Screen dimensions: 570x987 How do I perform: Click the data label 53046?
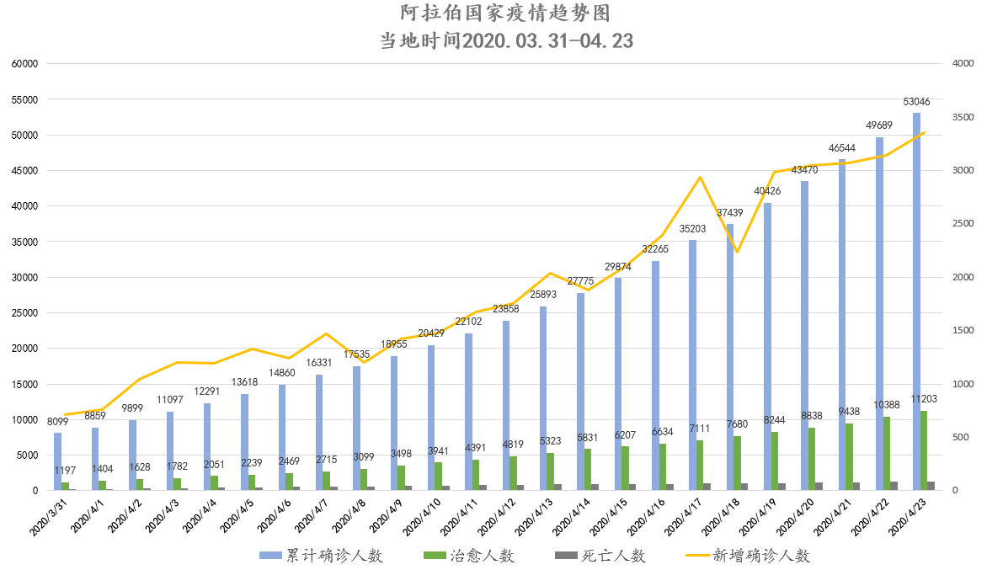tap(916, 102)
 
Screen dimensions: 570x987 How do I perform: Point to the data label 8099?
tap(58, 422)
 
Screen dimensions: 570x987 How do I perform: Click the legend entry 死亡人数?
tap(601, 556)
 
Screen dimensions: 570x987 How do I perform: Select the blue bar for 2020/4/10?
tap(431, 418)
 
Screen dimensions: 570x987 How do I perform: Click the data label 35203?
tap(692, 228)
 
